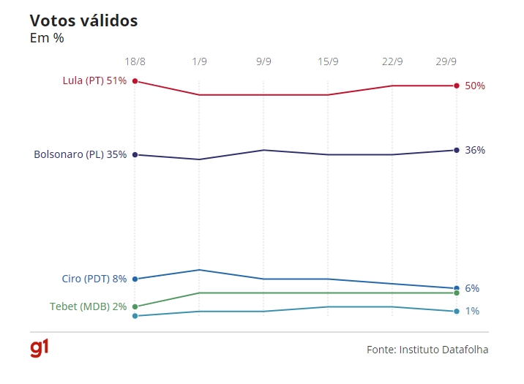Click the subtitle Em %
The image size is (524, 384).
[x=47, y=38]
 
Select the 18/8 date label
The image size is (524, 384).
[x=135, y=61]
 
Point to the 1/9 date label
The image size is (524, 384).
[x=199, y=61]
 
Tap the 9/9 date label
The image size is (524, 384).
[x=263, y=61]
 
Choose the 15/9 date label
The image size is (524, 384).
[x=328, y=61]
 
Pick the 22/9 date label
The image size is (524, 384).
[x=392, y=61]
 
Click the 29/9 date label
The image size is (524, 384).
[x=457, y=61]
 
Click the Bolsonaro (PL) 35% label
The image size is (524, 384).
[x=81, y=154]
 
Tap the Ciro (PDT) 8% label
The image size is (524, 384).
[x=94, y=279]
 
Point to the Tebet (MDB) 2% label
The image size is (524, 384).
[x=89, y=306]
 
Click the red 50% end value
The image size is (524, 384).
[x=475, y=86]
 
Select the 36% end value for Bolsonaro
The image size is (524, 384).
[x=475, y=150]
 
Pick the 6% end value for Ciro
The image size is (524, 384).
[x=472, y=288]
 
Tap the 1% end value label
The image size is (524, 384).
[x=472, y=311]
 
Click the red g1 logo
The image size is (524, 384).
[x=40, y=348]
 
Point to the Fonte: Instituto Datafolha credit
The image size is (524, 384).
[x=427, y=350]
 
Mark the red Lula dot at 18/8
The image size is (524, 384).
[x=135, y=81]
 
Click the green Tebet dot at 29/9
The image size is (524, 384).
[x=457, y=293]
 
